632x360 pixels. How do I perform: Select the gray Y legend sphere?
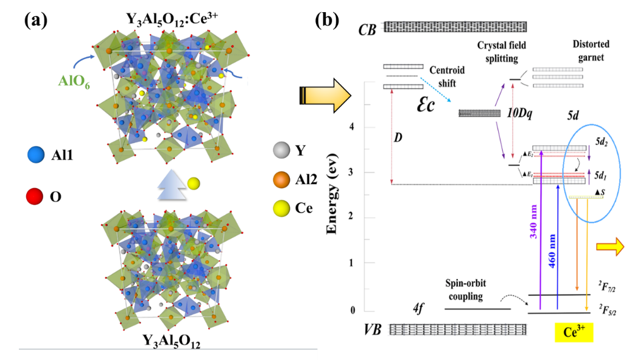[x=279, y=148]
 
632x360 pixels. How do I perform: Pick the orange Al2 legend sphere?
[x=279, y=178]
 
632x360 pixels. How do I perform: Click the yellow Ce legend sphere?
[x=279, y=208]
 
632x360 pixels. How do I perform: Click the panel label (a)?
[x=38, y=19]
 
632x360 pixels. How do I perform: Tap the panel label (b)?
[x=328, y=19]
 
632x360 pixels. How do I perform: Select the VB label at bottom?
[x=373, y=330]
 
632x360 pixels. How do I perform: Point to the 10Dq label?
[x=520, y=113]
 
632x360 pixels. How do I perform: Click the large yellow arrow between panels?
[x=325, y=96]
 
